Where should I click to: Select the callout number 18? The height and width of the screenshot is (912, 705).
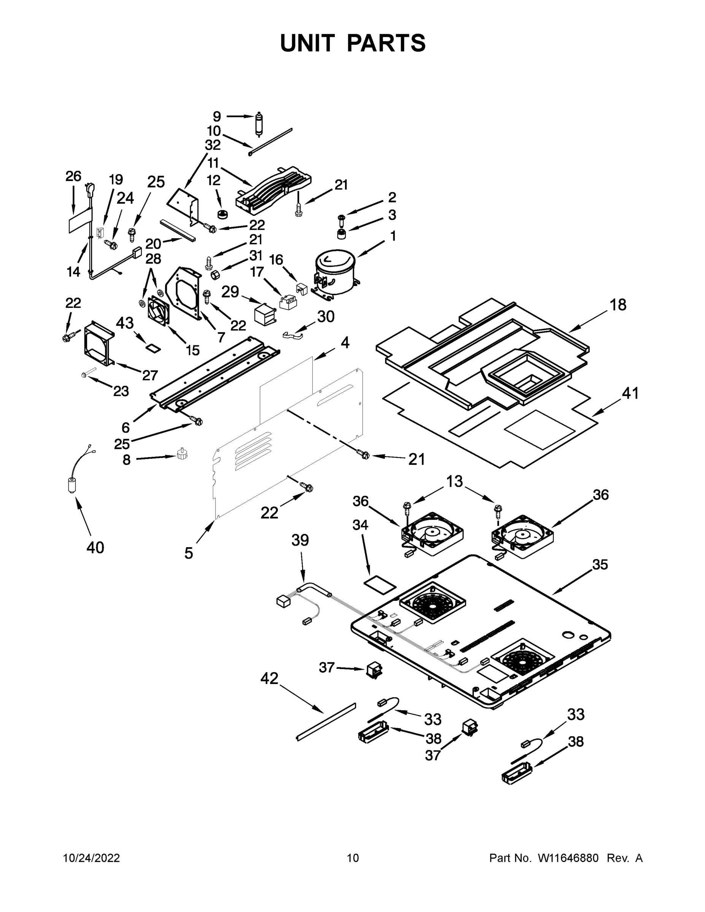[x=618, y=305]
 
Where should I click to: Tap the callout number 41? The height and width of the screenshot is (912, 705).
[x=631, y=393]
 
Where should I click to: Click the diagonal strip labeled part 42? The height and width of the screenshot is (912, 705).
[x=326, y=721]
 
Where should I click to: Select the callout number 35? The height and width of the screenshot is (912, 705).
[x=600, y=565]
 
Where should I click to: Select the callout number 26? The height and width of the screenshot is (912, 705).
[x=73, y=176]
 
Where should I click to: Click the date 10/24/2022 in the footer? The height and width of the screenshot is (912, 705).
[x=92, y=858]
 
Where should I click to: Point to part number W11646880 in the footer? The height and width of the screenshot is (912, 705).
[x=568, y=858]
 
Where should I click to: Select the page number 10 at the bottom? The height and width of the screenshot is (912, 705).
[x=353, y=858]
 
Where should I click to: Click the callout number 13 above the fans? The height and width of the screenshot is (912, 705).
[x=455, y=481]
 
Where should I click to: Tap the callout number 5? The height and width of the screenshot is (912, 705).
[x=189, y=553]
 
